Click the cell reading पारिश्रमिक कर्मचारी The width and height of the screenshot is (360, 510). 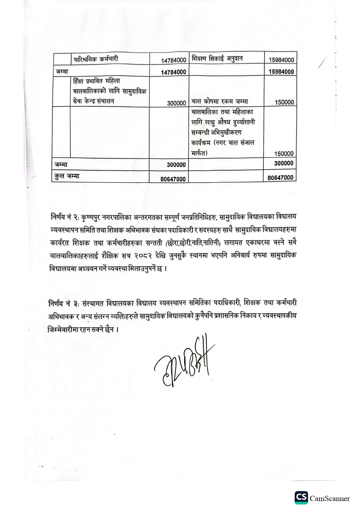96,59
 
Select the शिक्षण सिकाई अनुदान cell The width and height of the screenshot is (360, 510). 217,59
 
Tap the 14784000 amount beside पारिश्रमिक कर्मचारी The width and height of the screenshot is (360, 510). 174,60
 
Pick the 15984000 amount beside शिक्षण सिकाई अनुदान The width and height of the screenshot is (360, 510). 281,60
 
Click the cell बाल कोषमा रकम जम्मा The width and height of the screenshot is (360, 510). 220,101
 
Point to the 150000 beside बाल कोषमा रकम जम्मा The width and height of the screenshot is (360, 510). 284,102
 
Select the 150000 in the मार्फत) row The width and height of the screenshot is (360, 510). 284,153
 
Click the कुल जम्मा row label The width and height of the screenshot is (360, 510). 67,176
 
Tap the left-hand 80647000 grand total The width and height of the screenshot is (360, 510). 173,179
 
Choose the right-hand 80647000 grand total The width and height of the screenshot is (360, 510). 280,178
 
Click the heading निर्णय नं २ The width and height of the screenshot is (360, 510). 65,217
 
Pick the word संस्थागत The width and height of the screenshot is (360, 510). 93,303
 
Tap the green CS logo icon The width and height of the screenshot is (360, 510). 301,498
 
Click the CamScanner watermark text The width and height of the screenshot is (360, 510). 330,499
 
